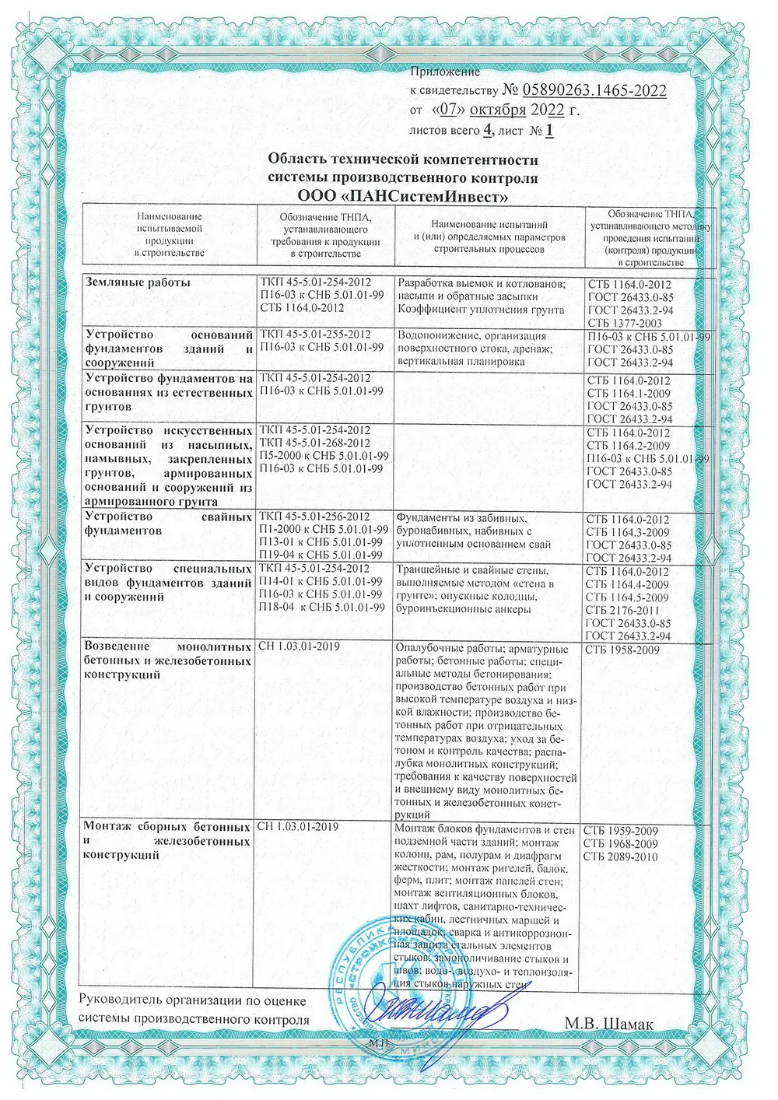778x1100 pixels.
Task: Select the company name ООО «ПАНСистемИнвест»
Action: (x=403, y=194)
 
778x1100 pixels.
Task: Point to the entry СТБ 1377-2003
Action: (x=625, y=323)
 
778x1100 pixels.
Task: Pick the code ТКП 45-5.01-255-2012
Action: (x=315, y=335)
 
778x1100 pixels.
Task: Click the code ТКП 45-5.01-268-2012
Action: (x=315, y=443)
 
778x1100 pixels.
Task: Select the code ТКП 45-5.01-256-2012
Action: (x=315, y=517)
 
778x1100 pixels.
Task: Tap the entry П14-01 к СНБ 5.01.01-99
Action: (x=321, y=582)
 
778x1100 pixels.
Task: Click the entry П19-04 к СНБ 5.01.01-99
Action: (x=321, y=555)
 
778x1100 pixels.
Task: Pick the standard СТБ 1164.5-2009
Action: (x=627, y=597)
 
